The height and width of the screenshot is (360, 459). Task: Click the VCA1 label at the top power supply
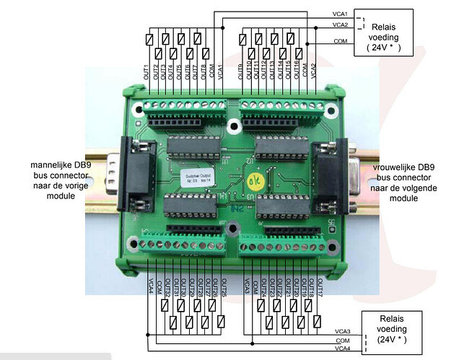click(x=341, y=14)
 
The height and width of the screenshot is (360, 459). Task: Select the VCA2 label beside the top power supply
click(x=341, y=25)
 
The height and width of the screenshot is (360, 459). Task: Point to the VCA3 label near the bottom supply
click(x=343, y=330)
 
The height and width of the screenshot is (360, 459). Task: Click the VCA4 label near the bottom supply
click(x=343, y=349)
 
